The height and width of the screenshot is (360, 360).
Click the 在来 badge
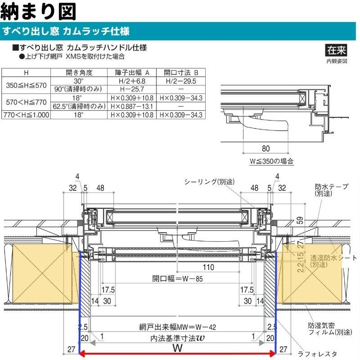(x=337, y=50)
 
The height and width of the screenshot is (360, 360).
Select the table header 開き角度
(x=79, y=72)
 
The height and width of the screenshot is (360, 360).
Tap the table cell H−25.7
(x=132, y=89)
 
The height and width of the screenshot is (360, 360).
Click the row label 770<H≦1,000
(x=25, y=115)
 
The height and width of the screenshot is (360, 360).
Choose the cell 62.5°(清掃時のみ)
(x=79, y=106)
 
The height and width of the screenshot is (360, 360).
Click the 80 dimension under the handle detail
(x=265, y=148)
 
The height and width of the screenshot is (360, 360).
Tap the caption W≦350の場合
(x=271, y=161)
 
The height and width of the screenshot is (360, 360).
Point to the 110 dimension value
(x=208, y=267)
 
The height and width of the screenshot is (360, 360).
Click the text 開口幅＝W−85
(x=177, y=279)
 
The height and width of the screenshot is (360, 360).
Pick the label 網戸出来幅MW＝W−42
(x=177, y=328)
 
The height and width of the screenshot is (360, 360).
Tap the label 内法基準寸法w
(x=177, y=337)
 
